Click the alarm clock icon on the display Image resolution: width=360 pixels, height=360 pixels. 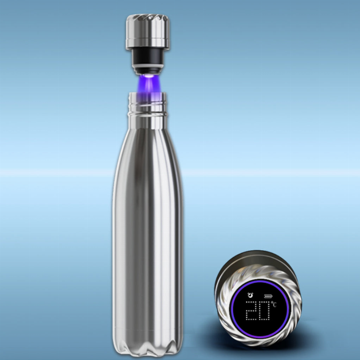click(x=250, y=295)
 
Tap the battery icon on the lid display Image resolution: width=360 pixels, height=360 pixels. click(x=268, y=296)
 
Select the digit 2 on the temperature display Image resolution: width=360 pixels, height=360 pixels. click(x=252, y=311)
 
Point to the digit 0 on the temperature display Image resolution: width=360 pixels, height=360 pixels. click(x=264, y=311)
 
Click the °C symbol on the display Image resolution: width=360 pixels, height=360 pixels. click(x=273, y=304)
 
